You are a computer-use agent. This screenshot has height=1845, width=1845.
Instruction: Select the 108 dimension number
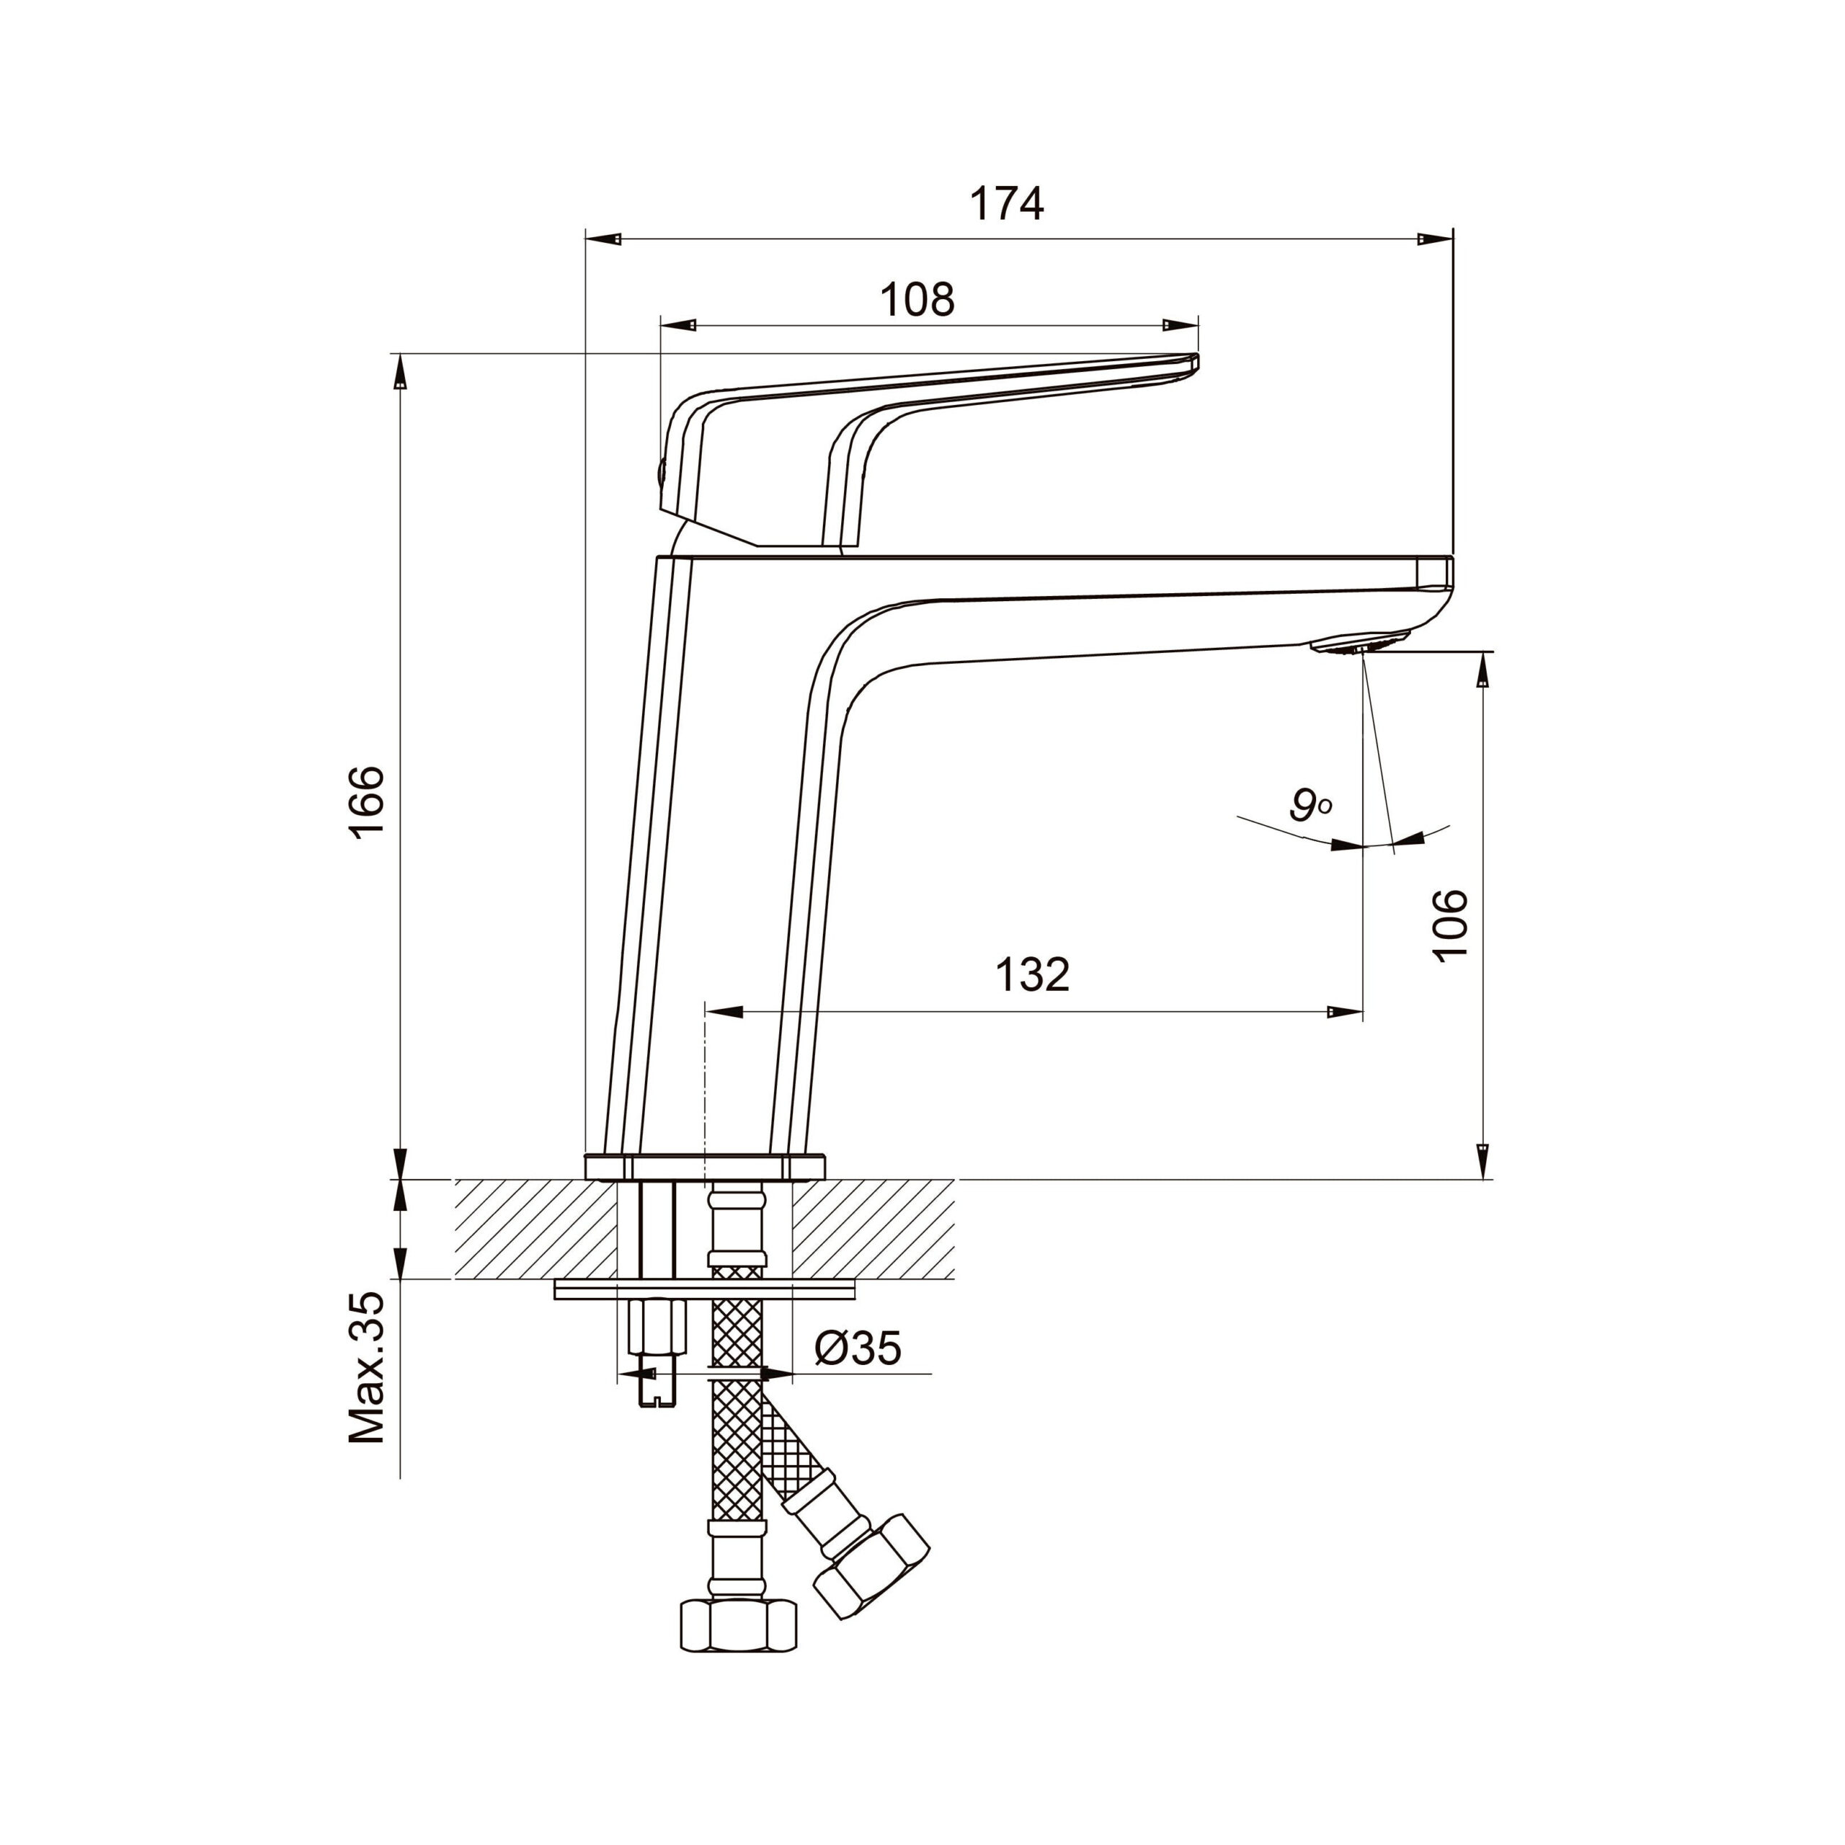tap(917, 300)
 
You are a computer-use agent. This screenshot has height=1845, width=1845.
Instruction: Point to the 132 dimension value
tap(1032, 975)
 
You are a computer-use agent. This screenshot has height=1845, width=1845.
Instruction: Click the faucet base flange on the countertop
tap(704, 1167)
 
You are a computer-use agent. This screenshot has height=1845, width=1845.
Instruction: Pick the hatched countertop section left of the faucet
tap(535, 1229)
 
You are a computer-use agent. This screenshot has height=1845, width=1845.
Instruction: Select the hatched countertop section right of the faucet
tap(873, 1229)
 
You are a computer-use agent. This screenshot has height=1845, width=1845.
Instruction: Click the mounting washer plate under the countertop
tap(705, 1290)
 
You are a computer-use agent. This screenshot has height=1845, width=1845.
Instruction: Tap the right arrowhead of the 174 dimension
tap(1434, 239)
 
